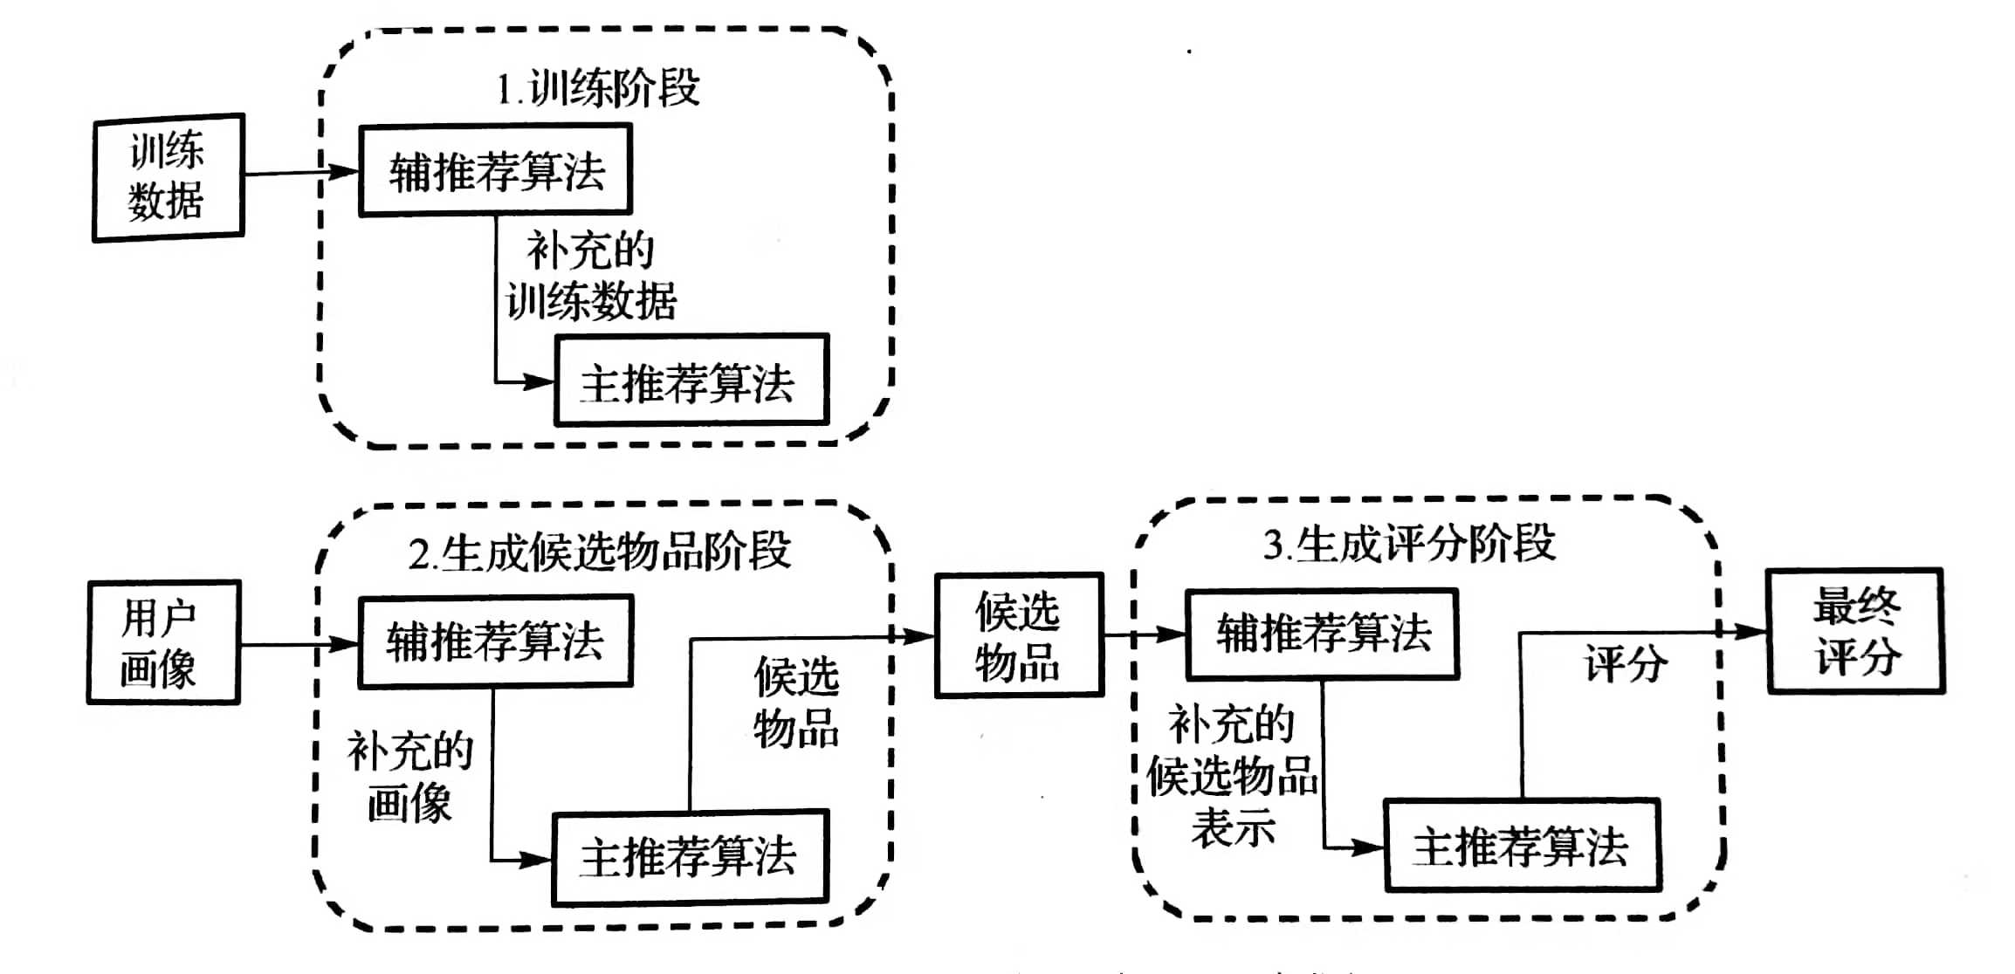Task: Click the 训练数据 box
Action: pyautogui.click(x=168, y=177)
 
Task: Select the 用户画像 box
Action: pyautogui.click(x=162, y=642)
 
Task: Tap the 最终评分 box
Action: pyautogui.click(x=1855, y=631)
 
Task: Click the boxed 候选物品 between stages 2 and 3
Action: pyautogui.click(x=1018, y=635)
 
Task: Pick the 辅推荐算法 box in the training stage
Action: pyautogui.click(x=495, y=170)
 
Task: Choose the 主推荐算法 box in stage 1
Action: pyautogui.click(x=691, y=381)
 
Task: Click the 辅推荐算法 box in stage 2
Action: pyautogui.click(x=495, y=641)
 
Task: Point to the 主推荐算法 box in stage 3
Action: pyautogui.click(x=1522, y=845)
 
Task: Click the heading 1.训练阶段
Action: pyautogui.click(x=598, y=88)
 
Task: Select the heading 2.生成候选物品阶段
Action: pyautogui.click(x=600, y=552)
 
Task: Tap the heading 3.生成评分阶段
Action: pyautogui.click(x=1409, y=544)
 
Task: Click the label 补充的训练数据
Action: pyautogui.click(x=591, y=277)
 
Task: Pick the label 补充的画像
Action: pyautogui.click(x=409, y=777)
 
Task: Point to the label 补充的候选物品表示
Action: pyautogui.click(x=1232, y=776)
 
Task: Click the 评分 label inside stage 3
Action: pyautogui.click(x=1626, y=663)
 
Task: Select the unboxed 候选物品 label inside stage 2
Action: pyautogui.click(x=796, y=703)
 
